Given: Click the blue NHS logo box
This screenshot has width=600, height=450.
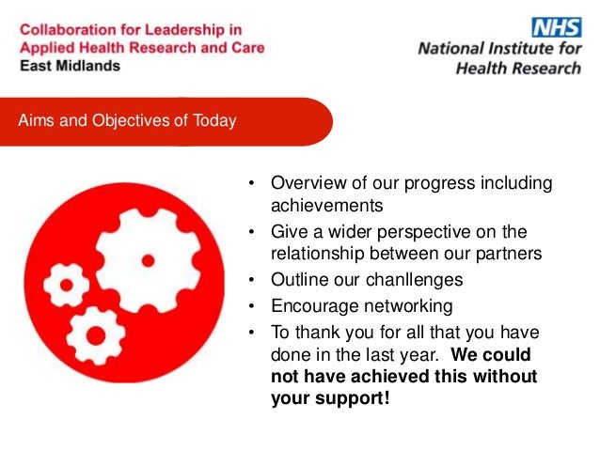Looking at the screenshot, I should click(x=557, y=27).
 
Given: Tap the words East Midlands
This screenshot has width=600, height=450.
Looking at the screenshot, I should click(x=70, y=66).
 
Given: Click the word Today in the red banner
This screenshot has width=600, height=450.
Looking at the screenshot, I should click(x=214, y=120).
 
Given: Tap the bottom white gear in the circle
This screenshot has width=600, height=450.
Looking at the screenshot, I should click(x=96, y=334).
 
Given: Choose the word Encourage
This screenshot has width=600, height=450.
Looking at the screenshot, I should click(x=308, y=306).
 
